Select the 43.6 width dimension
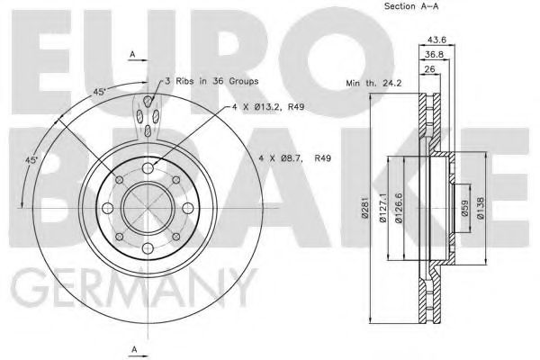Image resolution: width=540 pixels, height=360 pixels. point(437,39)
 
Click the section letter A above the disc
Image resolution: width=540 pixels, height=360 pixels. point(133,56)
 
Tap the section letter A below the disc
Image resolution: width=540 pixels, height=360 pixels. point(133,348)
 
